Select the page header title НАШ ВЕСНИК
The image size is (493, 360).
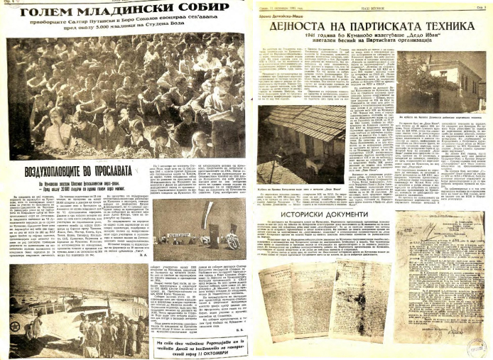[368, 5]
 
